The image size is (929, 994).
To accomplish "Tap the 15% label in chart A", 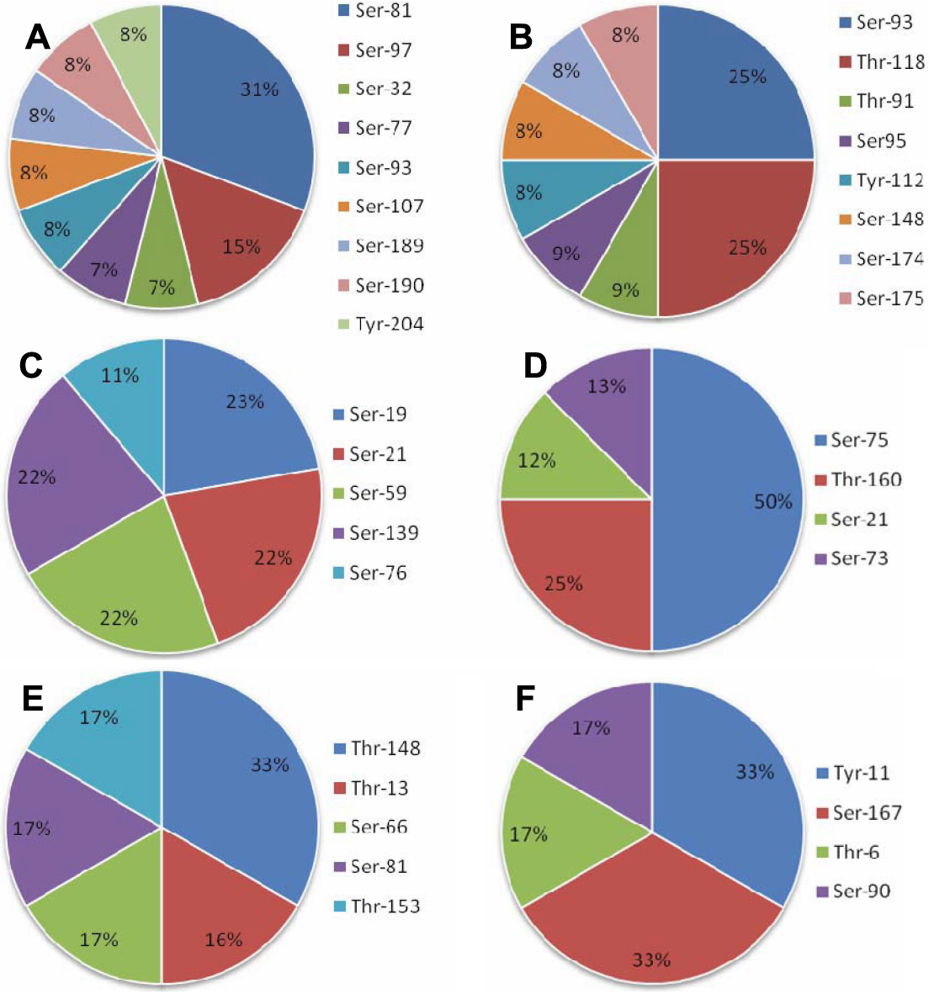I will pyautogui.click(x=242, y=246).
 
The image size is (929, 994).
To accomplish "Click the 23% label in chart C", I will pyautogui.click(x=245, y=402).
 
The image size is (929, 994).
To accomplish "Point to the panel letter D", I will pyautogui.click(x=535, y=366).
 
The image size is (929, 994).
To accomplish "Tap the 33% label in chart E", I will pyautogui.click(x=270, y=765).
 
